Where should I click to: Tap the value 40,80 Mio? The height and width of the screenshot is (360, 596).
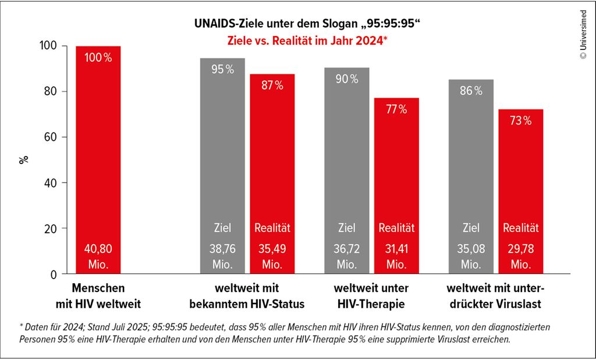click(x=98, y=256)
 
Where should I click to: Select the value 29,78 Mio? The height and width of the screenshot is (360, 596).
click(x=521, y=256)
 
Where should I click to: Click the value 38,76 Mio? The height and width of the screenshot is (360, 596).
click(x=222, y=256)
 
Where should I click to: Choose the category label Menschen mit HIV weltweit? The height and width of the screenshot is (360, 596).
click(x=98, y=296)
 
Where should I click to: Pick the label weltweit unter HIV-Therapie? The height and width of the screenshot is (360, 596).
click(x=371, y=296)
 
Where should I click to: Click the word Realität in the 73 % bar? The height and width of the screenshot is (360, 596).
click(x=521, y=228)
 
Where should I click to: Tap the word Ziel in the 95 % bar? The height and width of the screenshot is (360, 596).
click(x=222, y=228)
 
